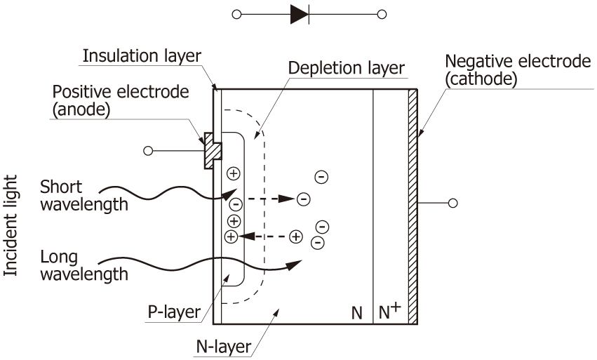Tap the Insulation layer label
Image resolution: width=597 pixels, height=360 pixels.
(x=142, y=55)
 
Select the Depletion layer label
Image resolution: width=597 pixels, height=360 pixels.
(x=347, y=68)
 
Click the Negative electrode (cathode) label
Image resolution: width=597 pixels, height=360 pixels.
(x=518, y=71)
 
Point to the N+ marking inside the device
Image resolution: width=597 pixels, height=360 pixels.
(x=390, y=312)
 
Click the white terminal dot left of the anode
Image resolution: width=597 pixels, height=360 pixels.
(x=147, y=150)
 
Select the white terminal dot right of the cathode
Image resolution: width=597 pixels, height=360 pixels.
(x=453, y=203)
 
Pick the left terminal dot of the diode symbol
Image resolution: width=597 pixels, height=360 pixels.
(x=236, y=14)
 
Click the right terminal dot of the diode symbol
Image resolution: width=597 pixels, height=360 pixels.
(x=382, y=14)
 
